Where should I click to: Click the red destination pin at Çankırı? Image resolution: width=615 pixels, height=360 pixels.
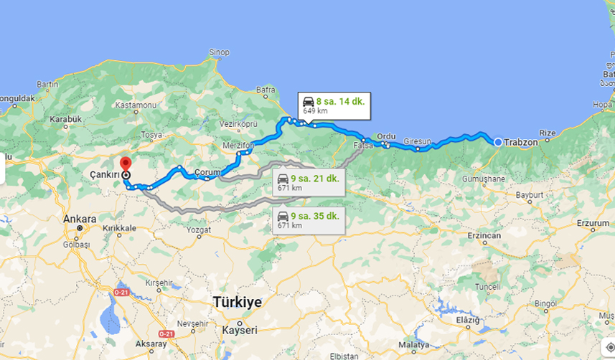[x=126, y=164]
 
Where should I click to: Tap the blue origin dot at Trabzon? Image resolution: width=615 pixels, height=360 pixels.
[x=498, y=142]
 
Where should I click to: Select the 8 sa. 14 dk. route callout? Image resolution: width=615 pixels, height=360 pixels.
[x=333, y=105]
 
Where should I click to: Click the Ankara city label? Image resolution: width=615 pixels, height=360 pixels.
[x=80, y=219]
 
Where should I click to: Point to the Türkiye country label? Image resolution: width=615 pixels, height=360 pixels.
[x=238, y=301]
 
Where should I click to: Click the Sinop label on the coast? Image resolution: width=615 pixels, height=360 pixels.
[x=218, y=52]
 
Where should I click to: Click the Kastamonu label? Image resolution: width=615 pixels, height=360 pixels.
[x=136, y=105]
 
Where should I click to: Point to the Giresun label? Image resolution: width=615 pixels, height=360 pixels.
[x=416, y=141]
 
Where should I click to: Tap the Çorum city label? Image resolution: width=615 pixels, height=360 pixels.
[x=207, y=173]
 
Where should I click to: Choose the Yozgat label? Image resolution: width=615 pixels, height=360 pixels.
[x=199, y=230]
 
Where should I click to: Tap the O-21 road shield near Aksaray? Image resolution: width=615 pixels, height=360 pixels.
[x=166, y=333]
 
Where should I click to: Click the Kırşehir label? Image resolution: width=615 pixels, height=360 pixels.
[x=160, y=283]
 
